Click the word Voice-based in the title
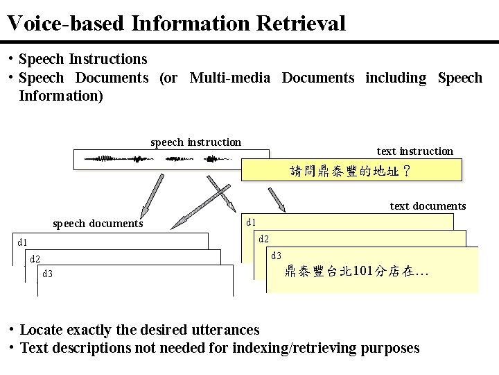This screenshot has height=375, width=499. tap(65, 24)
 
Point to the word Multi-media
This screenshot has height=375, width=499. tap(229, 78)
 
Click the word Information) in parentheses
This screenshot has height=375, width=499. tap(61, 96)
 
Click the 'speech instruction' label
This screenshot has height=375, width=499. tap(196, 142)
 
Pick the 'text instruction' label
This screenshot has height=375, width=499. tap(414, 151)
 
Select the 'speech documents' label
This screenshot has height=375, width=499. tap(98, 224)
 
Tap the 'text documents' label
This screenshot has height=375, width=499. tap(428, 206)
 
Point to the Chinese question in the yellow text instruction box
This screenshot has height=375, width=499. tap(351, 171)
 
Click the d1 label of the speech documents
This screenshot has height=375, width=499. tap(23, 242)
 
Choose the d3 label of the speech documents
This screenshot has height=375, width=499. tap(48, 274)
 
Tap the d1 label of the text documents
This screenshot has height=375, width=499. tap(252, 223)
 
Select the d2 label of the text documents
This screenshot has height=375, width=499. tap(264, 240)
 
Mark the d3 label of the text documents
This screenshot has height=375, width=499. tap(277, 256)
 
